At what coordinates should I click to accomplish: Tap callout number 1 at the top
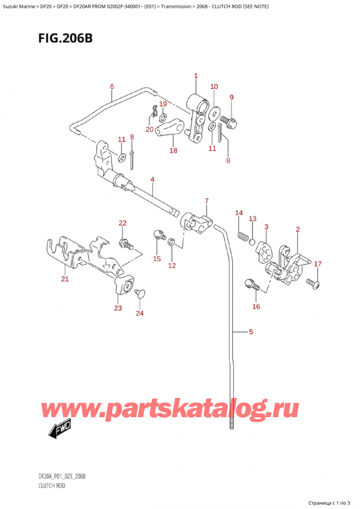196,76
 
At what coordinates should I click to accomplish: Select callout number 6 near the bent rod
112,86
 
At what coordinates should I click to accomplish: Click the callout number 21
65,279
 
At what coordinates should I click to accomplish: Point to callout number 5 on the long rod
251,331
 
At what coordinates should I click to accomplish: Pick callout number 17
317,264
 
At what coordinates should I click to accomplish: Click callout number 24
140,313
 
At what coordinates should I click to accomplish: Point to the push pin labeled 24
142,293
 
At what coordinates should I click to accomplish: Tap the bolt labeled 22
126,244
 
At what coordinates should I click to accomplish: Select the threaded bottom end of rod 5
232,427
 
